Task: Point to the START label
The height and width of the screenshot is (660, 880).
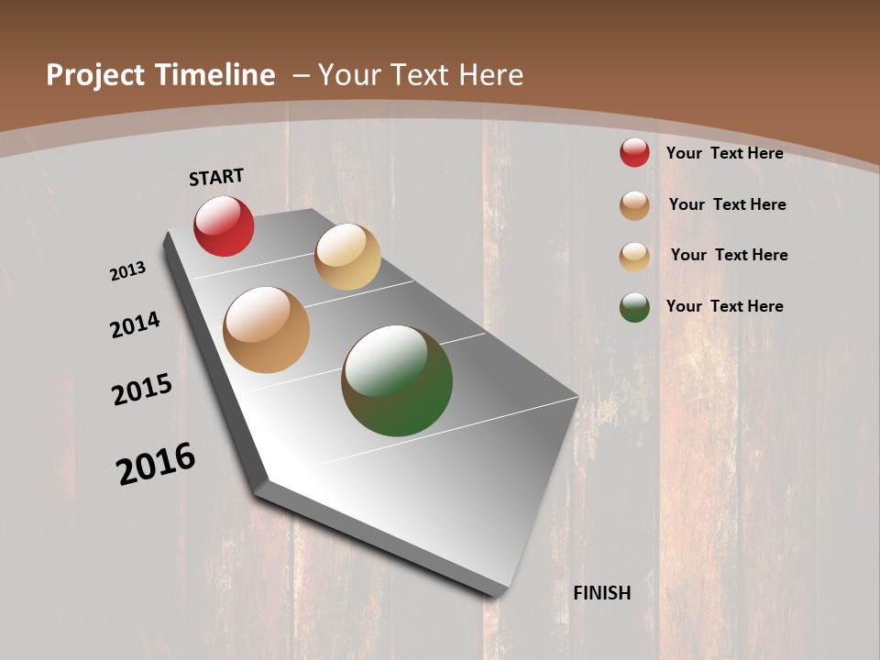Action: [x=216, y=177]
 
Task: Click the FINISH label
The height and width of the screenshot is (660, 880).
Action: [x=602, y=593]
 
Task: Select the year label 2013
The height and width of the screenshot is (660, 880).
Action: [x=127, y=271]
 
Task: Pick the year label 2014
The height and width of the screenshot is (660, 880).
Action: [x=136, y=324]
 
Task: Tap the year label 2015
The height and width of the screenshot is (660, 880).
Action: [x=142, y=390]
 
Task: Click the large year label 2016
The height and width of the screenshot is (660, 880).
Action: [x=156, y=464]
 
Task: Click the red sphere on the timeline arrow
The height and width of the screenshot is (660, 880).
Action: [x=224, y=226]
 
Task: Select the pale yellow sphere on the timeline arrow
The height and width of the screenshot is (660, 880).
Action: [x=347, y=257]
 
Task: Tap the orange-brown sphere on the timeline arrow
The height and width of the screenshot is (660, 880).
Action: [x=267, y=330]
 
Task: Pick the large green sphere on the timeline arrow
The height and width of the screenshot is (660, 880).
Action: [x=397, y=380]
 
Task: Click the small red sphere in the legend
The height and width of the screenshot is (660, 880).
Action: [x=634, y=152]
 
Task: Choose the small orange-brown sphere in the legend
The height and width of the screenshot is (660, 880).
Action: [x=634, y=204]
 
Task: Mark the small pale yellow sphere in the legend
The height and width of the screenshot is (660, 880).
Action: [x=634, y=256]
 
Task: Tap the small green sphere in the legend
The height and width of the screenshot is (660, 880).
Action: [x=634, y=306]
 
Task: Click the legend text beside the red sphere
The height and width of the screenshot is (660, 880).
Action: [x=724, y=153]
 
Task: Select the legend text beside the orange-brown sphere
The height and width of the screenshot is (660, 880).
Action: [x=727, y=204]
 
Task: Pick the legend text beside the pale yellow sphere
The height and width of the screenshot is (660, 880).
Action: [x=729, y=255]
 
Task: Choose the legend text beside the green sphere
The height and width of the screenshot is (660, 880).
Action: [x=724, y=306]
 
